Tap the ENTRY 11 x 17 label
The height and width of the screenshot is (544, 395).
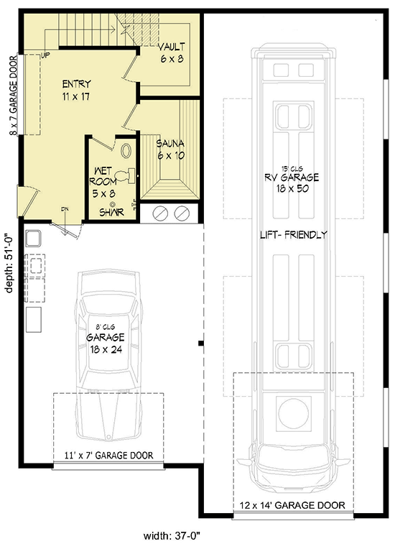pyautogui.click(x=76, y=89)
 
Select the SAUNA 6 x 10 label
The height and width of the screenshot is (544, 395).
pyautogui.click(x=170, y=149)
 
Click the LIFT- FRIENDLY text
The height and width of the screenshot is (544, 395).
pyautogui.click(x=293, y=234)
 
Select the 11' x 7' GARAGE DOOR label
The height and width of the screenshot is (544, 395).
pyautogui.click(x=108, y=455)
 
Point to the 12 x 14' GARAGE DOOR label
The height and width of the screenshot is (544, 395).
pyautogui.click(x=293, y=504)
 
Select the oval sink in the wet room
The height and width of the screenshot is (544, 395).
pyautogui.click(x=126, y=152)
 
